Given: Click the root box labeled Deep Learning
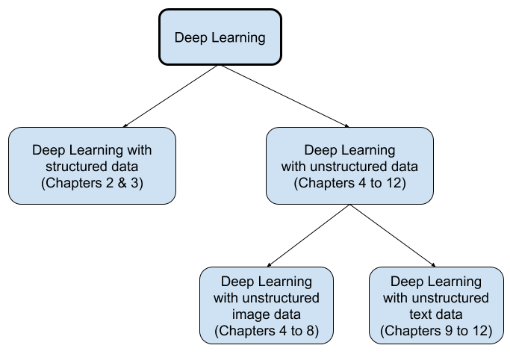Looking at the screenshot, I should [x=220, y=37].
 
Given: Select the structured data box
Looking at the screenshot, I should [x=92, y=165].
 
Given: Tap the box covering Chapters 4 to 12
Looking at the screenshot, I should [x=349, y=165].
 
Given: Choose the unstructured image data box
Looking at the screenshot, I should [x=267, y=305].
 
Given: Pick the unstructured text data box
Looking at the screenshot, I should [x=435, y=305].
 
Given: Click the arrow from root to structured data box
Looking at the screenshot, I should [x=170, y=96].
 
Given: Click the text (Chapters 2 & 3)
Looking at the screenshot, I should [x=92, y=181].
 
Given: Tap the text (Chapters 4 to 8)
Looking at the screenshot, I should [x=267, y=331].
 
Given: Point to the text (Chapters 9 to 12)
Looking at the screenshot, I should [x=435, y=331].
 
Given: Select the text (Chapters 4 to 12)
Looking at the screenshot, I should [x=349, y=181].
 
